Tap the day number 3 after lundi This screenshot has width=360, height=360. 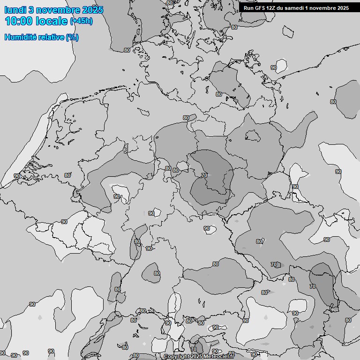(31, 10)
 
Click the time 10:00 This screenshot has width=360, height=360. (18, 21)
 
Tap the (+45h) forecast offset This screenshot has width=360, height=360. (81, 21)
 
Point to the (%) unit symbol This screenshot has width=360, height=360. (72, 37)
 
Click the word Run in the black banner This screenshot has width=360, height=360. (248, 8)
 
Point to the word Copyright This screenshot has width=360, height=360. (177, 357)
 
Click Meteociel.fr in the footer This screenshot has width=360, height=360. (218, 357)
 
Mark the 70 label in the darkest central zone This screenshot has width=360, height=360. (204, 175)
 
